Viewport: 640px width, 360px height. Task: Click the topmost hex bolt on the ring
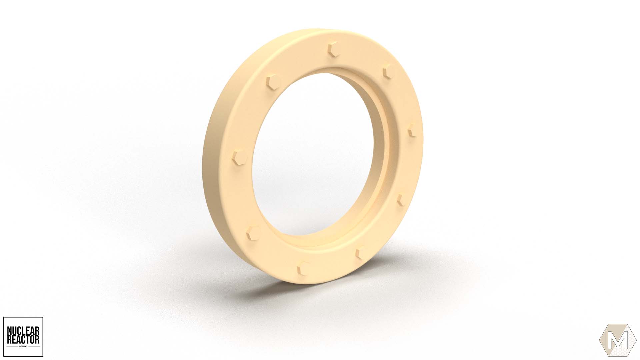coord(333,50)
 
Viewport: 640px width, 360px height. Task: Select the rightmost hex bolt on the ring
coord(412,130)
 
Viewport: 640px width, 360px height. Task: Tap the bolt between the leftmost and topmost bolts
coord(273,81)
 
